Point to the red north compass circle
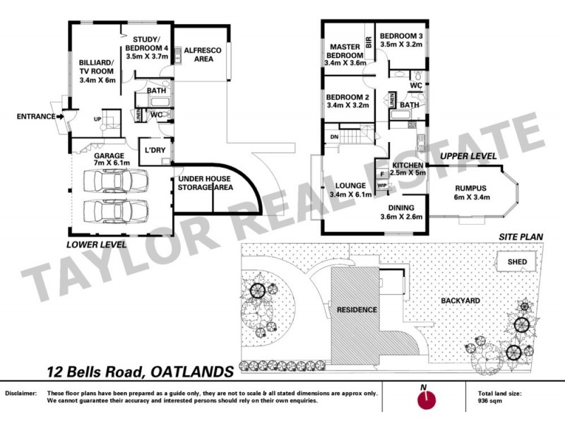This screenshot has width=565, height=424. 424,400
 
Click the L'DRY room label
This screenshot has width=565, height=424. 154,151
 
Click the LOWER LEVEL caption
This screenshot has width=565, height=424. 97,245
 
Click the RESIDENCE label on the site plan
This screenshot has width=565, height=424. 357,310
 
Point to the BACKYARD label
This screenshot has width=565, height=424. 460,300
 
